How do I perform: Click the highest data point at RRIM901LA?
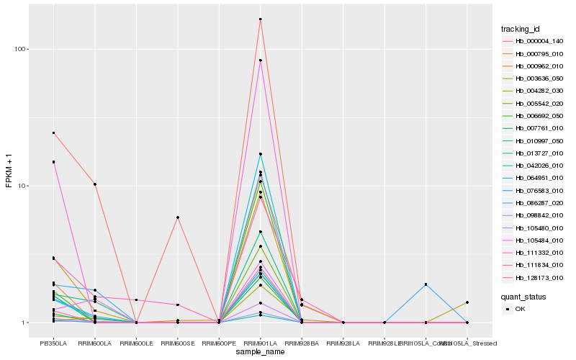[x=260, y=19]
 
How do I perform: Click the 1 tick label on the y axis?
[x=28, y=323]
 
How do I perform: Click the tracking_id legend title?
[x=521, y=29]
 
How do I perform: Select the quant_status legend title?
[x=523, y=296]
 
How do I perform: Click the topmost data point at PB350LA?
[x=53, y=132]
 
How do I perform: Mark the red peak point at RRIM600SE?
[x=177, y=217]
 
